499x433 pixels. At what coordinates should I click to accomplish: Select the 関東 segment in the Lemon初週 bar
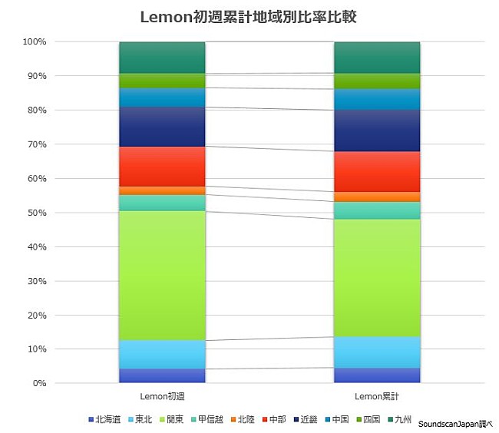162,275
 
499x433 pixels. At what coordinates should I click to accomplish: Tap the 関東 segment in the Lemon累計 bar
377,277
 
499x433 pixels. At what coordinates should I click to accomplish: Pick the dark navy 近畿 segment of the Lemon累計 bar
377,131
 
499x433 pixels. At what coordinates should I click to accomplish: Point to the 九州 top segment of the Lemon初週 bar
162,58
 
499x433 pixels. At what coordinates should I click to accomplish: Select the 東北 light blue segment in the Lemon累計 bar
377,352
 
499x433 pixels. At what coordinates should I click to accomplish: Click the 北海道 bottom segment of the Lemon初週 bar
162,375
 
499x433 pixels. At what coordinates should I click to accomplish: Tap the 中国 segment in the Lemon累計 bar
377,99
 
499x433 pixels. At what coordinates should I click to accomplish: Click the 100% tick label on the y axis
35,41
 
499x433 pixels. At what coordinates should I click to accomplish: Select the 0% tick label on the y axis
40,383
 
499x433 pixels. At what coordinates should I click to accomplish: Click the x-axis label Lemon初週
162,396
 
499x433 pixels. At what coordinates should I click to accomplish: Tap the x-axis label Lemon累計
377,396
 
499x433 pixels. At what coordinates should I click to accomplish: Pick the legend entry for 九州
399,420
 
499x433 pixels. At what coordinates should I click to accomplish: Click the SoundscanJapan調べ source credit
455,424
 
